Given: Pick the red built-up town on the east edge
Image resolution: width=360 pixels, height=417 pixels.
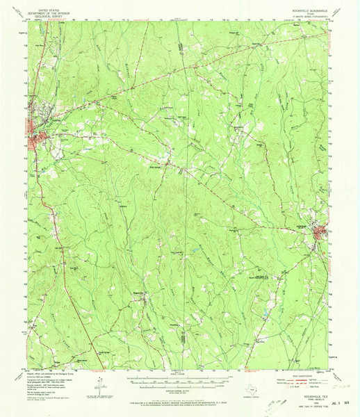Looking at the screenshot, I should pos(321,231).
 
